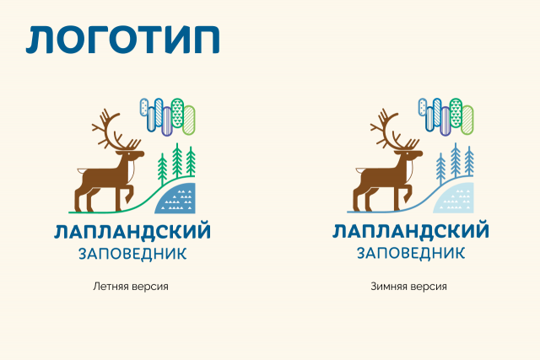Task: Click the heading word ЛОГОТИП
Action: tap(122, 40)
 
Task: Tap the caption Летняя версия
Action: tap(131, 287)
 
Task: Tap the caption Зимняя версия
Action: tap(408, 287)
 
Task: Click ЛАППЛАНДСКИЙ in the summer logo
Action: tap(132, 232)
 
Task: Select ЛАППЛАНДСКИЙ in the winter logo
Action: tap(411, 231)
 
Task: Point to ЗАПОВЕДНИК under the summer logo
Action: tap(132, 254)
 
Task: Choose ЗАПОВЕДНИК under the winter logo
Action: tap(411, 253)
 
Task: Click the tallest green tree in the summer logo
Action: tap(177, 160)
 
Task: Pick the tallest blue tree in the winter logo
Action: tap(456, 160)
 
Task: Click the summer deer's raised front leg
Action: tap(128, 193)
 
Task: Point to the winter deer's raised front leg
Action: tap(407, 193)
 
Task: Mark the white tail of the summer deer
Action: tap(81, 170)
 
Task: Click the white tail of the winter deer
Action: tap(359, 170)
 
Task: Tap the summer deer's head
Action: tap(134, 154)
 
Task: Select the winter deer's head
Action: tap(413, 154)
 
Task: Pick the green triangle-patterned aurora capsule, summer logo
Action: tap(177, 113)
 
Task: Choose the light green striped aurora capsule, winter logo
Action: tap(467, 120)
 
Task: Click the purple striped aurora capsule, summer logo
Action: tap(167, 121)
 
